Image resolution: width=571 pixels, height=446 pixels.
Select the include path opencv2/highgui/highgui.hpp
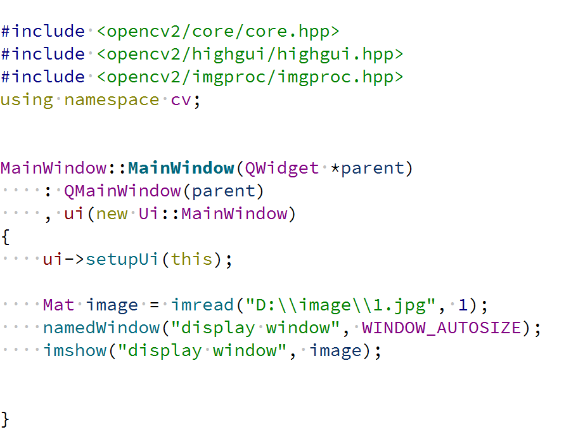pyautogui.click(x=250, y=54)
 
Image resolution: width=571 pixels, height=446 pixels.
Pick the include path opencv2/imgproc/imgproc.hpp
pyautogui.click(x=250, y=77)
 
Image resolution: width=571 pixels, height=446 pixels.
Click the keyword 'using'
pyautogui.click(x=27, y=99)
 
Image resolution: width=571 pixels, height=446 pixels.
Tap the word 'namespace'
pyautogui.click(x=112, y=99)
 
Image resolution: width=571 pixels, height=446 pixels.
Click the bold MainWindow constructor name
pyautogui.click(x=181, y=168)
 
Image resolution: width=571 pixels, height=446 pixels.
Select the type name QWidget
pyautogui.click(x=282, y=168)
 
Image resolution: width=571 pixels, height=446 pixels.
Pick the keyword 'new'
pyautogui.click(x=112, y=213)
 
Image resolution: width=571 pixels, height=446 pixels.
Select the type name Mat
pyautogui.click(x=59, y=305)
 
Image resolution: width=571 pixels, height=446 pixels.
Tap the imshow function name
pyautogui.click(x=75, y=350)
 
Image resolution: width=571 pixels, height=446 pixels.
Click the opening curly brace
pyautogui.click(x=6, y=236)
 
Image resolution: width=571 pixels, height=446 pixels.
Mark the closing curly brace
pyautogui.click(x=6, y=419)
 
